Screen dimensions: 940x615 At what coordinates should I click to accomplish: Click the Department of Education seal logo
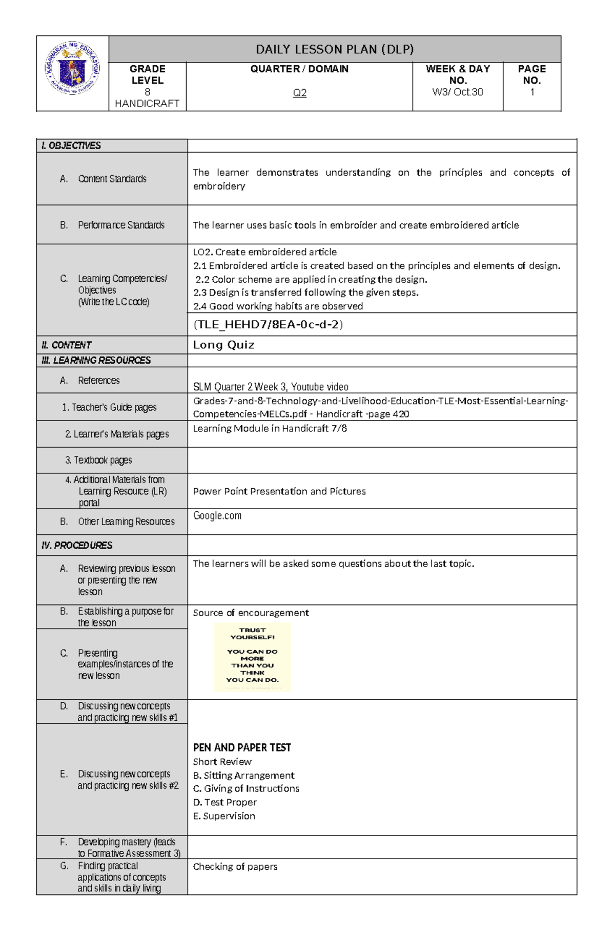[72, 68]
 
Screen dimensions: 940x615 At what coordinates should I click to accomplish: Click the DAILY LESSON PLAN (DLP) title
[335, 49]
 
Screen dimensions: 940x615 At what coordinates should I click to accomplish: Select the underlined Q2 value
[299, 93]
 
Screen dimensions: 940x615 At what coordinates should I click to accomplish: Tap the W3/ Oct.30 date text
[457, 92]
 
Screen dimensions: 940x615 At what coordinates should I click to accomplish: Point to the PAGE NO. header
[531, 74]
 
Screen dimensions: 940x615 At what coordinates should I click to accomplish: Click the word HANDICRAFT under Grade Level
[147, 103]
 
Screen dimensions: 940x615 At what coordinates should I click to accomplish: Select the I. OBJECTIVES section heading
[71, 145]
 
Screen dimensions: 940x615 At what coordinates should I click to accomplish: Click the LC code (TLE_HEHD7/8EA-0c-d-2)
[268, 324]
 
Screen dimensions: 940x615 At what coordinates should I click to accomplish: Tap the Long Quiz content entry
[223, 345]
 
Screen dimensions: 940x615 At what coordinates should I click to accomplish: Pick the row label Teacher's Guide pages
[109, 407]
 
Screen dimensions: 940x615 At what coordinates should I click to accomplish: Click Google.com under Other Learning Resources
[217, 516]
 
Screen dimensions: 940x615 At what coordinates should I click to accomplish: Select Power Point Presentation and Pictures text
[279, 491]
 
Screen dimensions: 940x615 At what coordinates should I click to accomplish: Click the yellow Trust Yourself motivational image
[252, 657]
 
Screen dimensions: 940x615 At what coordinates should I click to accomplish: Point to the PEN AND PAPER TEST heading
[242, 747]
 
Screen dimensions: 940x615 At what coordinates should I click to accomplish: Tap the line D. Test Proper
[224, 802]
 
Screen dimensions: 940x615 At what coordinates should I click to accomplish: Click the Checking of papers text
[235, 866]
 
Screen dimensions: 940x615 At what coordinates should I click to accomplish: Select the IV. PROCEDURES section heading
[77, 545]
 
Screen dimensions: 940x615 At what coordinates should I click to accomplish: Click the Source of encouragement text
[251, 613]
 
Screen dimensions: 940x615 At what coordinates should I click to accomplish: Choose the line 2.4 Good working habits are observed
[278, 306]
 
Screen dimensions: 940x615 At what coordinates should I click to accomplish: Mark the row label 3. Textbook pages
[98, 460]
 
